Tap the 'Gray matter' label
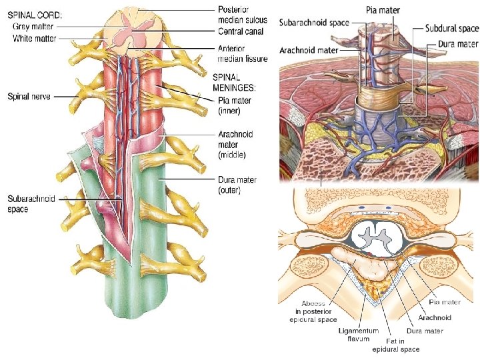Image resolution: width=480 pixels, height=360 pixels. click(x=34, y=27)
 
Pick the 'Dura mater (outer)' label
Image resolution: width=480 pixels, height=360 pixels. click(x=237, y=185)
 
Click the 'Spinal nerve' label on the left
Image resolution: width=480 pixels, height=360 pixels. click(x=27, y=97)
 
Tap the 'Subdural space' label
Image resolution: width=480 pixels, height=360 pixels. click(x=451, y=29)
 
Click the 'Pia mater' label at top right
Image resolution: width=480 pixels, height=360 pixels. click(x=383, y=11)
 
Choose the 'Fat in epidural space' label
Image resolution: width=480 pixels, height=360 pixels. click(x=395, y=345)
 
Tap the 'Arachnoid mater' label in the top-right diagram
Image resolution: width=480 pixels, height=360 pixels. click(x=309, y=50)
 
